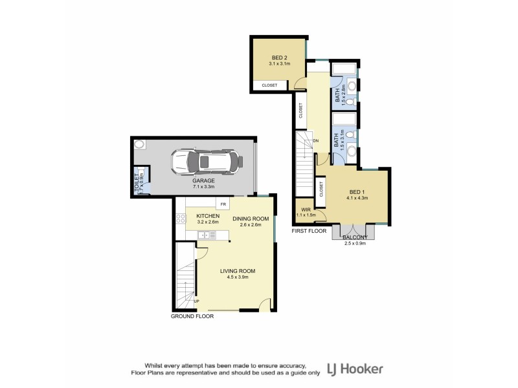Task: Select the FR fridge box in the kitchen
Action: (223, 204)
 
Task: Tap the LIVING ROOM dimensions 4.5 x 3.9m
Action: (238, 277)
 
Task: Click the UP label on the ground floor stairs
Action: (197, 301)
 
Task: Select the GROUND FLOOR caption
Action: (192, 317)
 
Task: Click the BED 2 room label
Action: (279, 58)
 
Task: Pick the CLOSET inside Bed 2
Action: (269, 85)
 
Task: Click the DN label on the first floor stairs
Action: (316, 140)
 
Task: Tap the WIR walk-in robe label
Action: (304, 210)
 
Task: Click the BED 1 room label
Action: (357, 192)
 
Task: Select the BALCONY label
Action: (355, 237)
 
